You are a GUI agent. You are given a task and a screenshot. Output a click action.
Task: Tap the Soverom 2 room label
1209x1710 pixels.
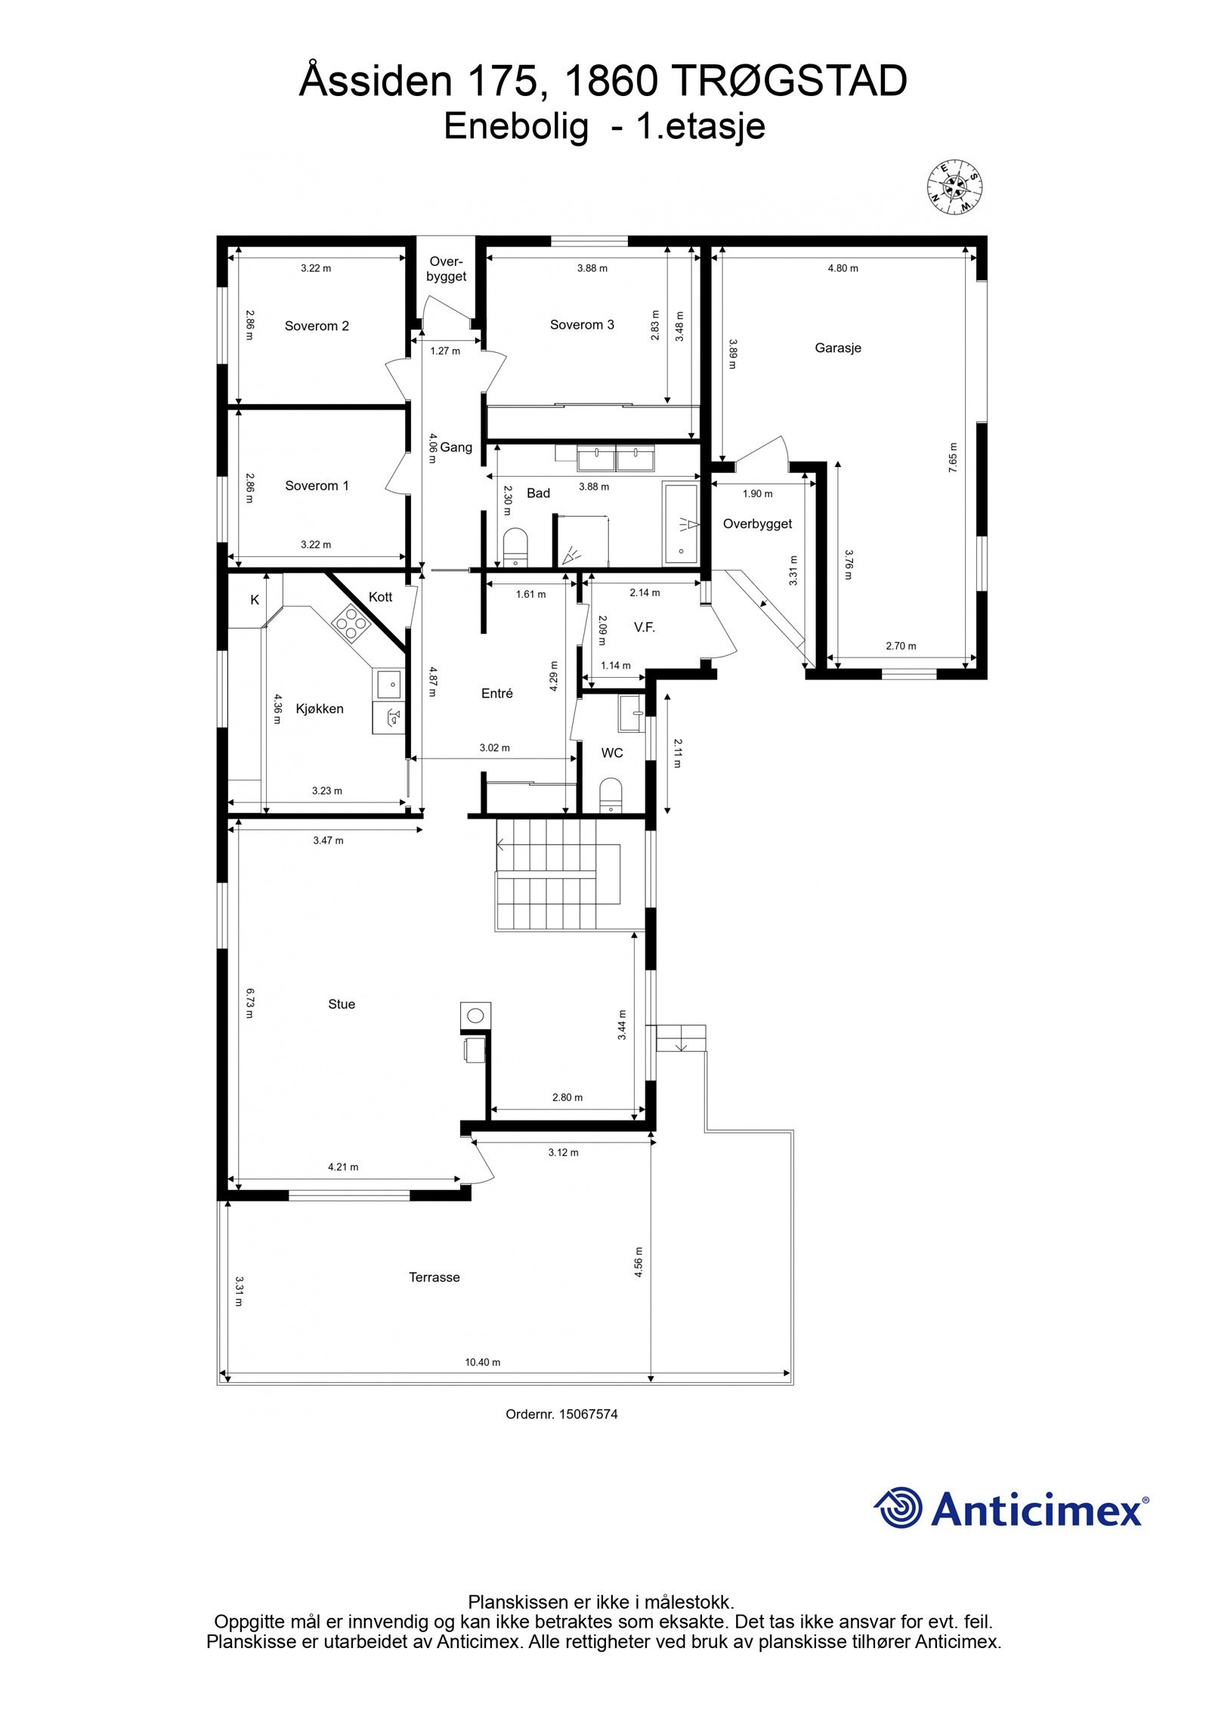tap(317, 326)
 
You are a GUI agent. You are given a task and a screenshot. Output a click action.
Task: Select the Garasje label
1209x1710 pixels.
tap(837, 348)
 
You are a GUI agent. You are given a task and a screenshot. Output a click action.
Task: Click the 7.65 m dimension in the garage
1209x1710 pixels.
tap(952, 457)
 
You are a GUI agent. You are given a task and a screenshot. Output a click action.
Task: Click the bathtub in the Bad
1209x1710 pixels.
tap(681, 523)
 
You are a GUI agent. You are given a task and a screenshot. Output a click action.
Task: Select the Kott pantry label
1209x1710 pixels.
tap(380, 597)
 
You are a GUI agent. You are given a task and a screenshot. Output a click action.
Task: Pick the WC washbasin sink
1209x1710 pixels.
tap(630, 713)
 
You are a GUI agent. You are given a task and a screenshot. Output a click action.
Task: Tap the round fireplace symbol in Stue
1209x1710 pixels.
tap(475, 1015)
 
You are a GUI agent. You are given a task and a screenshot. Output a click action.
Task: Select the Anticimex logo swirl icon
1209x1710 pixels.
tap(898, 1508)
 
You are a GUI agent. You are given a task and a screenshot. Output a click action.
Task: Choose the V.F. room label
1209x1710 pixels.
tap(644, 626)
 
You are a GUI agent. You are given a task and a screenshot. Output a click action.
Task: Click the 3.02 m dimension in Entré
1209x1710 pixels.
tap(494, 748)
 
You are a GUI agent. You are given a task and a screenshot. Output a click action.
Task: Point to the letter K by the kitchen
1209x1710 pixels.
tap(255, 599)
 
